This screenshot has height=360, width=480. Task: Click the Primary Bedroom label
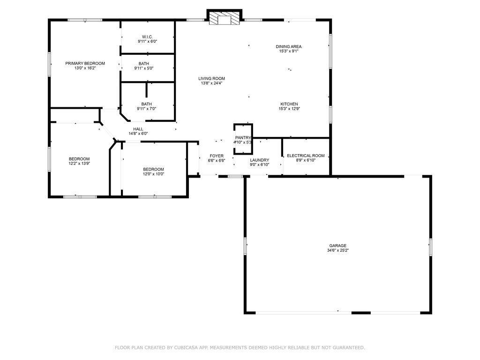coord(85,63)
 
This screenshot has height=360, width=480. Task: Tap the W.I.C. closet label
coord(147,37)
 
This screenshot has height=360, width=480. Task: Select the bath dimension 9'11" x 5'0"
coord(144,68)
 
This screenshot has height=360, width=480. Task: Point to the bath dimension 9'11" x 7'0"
coord(147,109)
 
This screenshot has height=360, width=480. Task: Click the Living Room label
coord(211,79)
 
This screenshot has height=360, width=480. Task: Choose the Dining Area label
coord(289,46)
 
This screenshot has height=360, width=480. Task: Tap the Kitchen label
coord(289,104)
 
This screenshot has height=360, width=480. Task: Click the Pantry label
coord(243,138)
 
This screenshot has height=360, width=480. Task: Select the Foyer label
coord(217,156)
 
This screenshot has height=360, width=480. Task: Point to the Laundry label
coord(260,160)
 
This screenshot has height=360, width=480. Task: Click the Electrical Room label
coord(306,156)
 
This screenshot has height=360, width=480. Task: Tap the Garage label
coord(338,246)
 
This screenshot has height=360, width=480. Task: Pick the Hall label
coord(138,129)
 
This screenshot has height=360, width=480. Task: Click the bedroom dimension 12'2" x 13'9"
coord(79,164)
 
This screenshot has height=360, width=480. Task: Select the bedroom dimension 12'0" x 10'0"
coord(153,174)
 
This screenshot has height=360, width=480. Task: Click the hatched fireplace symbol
coord(225,18)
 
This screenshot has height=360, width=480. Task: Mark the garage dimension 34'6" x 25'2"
coord(338,250)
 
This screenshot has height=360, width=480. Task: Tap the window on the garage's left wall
coord(245,246)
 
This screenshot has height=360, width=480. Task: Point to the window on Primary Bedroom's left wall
coord(49,64)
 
